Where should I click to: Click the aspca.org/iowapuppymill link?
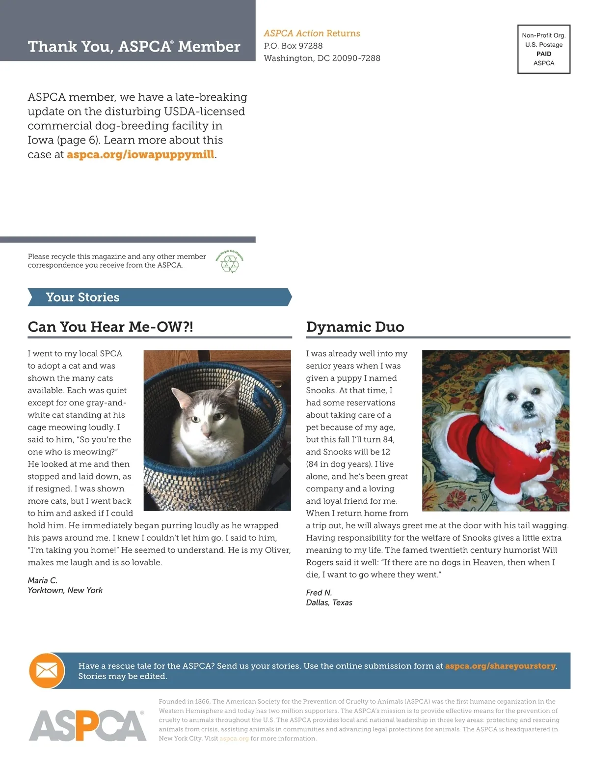click(140, 154)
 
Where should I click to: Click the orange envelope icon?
click(47, 670)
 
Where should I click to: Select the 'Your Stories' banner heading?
click(82, 297)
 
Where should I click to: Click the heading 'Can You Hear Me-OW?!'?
click(110, 327)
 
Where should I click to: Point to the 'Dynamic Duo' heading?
click(355, 327)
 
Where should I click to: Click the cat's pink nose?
click(206, 434)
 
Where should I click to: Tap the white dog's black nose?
click(528, 406)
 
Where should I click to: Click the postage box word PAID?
click(544, 54)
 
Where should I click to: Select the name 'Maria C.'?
click(43, 580)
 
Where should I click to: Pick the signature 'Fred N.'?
click(319, 593)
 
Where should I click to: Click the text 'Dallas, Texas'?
click(329, 602)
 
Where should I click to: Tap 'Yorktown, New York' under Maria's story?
click(65, 590)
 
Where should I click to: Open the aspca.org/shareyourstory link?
click(500, 666)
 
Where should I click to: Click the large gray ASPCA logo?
click(87, 725)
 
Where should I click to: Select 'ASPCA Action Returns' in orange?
click(312, 33)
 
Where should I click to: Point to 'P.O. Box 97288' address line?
click(293, 46)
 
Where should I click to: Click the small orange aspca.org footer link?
click(234, 738)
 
